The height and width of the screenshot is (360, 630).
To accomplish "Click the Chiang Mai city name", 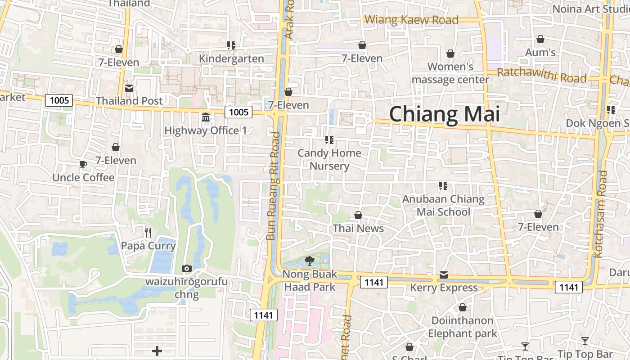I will tap(444, 114).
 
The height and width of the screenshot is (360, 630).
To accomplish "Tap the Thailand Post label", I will tap(129, 101).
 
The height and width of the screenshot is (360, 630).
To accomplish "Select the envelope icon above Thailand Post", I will tap(129, 88).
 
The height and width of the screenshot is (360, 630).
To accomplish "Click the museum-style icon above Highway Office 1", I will tap(206, 117).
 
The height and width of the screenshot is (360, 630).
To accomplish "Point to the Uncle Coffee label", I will tap(83, 178).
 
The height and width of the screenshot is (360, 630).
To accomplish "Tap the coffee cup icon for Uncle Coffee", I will tap(83, 165).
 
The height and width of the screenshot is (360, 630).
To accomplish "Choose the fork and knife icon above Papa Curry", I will tap(148, 232).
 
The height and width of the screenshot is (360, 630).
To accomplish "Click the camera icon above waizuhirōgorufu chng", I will tap(186, 269).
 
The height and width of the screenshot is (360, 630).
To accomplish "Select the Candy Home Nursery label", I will tap(329, 159).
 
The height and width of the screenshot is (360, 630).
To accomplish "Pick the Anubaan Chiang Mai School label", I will tap(443, 205).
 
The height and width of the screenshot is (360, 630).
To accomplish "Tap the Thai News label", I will tap(358, 229).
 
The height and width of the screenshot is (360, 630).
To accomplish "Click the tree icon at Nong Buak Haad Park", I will tap(309, 261).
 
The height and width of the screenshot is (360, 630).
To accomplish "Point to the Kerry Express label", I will tap(444, 288).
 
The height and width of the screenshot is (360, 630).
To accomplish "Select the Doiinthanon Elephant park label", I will tap(463, 327).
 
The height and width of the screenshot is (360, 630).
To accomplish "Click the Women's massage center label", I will tap(450, 73).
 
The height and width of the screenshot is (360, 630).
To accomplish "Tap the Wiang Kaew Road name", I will tap(411, 20).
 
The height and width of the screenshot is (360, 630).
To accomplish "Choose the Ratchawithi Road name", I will tap(542, 75).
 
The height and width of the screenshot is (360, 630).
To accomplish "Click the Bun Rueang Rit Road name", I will tap(273, 186).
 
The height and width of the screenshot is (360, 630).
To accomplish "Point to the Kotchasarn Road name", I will tap(601, 214).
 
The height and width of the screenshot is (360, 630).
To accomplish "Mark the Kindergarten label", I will tap(231, 59).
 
